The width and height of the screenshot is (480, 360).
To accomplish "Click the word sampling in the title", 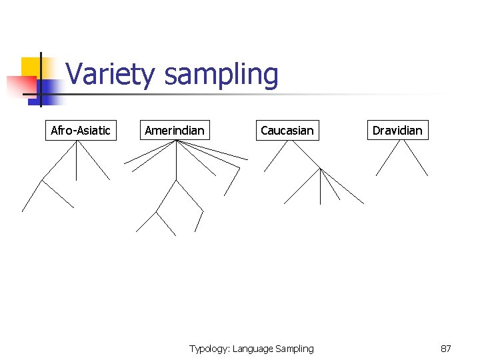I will tap(221, 75).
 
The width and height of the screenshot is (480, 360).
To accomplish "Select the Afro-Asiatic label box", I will tap(81, 130).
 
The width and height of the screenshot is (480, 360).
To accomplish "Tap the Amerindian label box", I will tap(175, 130).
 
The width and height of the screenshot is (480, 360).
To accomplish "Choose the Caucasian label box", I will tap(287, 130).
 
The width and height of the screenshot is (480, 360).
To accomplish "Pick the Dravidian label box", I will tap(397, 130).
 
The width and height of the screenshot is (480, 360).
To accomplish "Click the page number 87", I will tap(446, 349).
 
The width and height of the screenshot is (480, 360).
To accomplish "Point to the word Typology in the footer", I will tap(209, 349).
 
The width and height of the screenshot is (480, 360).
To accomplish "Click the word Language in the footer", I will tap(255, 349).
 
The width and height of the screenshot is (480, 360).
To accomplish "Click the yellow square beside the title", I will tap(31, 67).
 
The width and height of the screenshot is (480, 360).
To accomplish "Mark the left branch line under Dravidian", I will tap(387, 158).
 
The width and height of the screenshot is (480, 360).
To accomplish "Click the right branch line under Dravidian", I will tap(416, 158).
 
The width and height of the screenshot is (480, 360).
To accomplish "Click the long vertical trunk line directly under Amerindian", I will tap(176, 160).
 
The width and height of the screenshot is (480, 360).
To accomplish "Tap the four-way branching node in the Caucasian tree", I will tap(321, 169).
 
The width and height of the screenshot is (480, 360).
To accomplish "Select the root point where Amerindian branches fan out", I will tap(176, 141).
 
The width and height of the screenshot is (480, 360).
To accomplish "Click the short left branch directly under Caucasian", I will tap(276, 155).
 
